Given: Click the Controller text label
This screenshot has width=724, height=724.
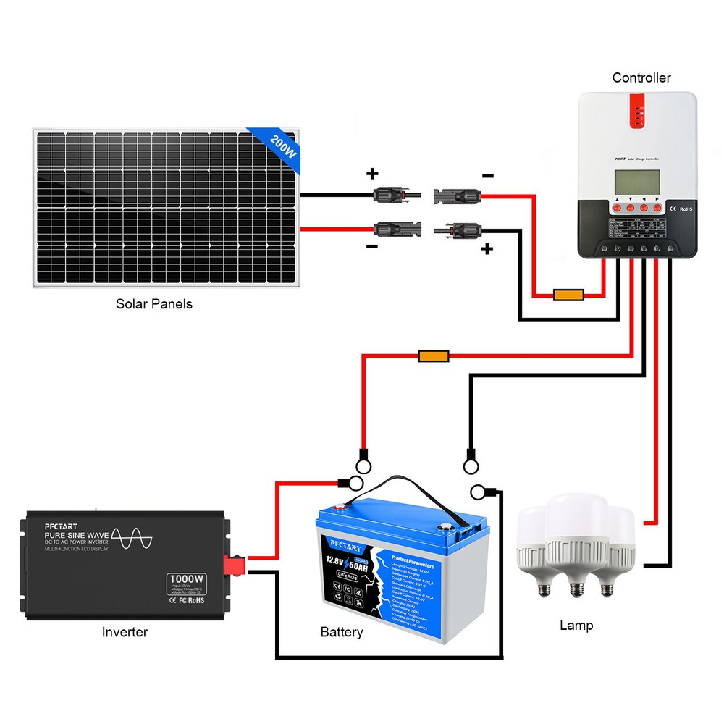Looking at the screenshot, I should (641, 77).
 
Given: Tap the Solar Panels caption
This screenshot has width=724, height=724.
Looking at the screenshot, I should (154, 304).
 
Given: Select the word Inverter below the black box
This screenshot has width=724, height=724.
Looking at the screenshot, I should (125, 632).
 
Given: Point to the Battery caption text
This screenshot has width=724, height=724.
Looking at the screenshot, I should (342, 633).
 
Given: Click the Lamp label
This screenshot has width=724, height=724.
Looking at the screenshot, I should (576, 625).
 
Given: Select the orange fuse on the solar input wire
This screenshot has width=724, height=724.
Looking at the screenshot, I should (568, 295).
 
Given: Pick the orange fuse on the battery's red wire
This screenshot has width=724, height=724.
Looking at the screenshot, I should (434, 356).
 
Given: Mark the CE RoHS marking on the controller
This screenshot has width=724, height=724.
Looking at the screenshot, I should (680, 209).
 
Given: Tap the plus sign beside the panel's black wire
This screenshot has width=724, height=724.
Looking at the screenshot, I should (372, 174).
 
